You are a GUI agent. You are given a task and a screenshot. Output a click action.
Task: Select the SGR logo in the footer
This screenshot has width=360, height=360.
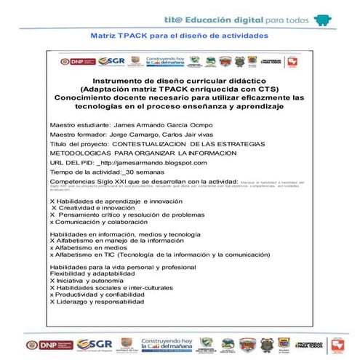point(94,344)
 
